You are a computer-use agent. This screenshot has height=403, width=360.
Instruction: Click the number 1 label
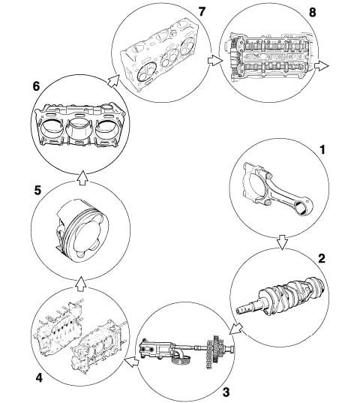click(322, 150)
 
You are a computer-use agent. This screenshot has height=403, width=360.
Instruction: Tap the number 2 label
click(322, 258)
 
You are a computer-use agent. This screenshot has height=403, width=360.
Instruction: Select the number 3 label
click(226, 392)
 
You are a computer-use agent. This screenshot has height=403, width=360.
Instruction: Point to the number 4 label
click(39, 377)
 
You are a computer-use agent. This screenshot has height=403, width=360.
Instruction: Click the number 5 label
click(37, 191)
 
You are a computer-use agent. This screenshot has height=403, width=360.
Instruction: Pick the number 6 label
click(36, 86)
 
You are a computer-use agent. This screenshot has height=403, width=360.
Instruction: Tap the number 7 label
click(202, 11)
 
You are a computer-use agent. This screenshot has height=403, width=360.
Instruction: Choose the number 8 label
click(312, 12)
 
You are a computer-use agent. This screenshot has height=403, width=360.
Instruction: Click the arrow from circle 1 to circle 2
click(283, 242)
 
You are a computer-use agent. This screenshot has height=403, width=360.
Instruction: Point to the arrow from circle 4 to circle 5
click(81, 284)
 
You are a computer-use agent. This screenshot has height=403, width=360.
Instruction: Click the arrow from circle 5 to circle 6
click(82, 177)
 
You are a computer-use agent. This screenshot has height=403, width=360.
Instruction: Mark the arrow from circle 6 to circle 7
click(113, 81)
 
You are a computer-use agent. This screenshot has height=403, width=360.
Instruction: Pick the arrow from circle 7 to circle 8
click(215, 62)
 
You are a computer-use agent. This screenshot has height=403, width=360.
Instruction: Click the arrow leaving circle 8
click(322, 66)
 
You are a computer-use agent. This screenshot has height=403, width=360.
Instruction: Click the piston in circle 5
click(82, 230)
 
